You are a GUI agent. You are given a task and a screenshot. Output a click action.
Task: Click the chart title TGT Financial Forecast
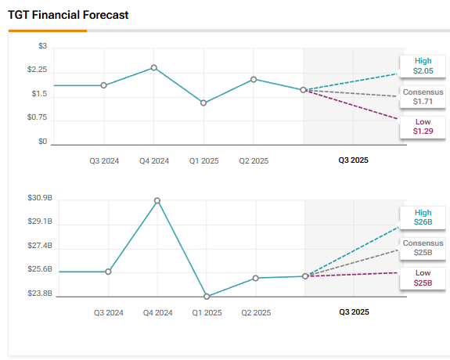coord(69,15)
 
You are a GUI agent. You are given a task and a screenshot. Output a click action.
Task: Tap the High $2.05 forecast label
coord(423,66)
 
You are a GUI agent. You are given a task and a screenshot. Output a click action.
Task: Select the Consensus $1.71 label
coord(423,96)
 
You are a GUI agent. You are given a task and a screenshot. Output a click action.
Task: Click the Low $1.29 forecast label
coord(423,126)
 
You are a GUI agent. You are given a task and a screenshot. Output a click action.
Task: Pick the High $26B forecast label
coord(423,218)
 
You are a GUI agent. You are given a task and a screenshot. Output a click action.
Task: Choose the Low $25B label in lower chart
coord(423,277)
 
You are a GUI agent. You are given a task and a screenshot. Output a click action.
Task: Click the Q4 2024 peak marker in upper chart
coord(154,68)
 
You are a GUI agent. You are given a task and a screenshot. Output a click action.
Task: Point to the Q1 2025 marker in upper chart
coord(203,103)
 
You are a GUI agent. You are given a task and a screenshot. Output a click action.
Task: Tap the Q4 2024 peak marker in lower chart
coord(157,200)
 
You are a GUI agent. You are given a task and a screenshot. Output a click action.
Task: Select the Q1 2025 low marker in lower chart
coord(207,297)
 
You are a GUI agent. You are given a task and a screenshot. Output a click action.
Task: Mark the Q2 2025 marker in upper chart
coord(254,79)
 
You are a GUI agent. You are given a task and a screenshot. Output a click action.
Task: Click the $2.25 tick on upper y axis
coord(37,70)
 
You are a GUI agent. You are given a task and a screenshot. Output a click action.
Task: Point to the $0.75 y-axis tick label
coord(37,118)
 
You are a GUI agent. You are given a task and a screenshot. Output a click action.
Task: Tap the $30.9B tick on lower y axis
coord(39,198)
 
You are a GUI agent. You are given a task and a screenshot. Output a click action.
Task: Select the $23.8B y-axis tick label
coord(39,293)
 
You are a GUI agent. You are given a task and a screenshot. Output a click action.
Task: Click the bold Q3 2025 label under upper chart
coord(353,160)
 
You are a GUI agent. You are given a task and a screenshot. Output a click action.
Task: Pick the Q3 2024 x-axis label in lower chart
coord(108,312)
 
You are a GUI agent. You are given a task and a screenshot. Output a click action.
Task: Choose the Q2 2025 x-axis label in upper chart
coord(254,160)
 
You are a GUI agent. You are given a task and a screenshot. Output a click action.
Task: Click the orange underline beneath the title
coord(47,31)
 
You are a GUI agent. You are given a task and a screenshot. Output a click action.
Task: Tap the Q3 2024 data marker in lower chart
coord(108,272)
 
